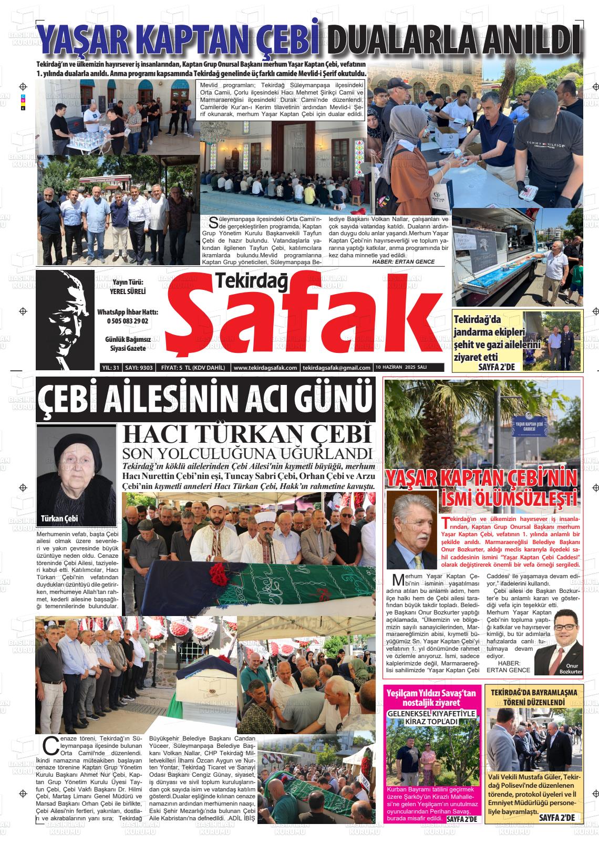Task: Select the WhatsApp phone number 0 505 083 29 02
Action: pos(128,321)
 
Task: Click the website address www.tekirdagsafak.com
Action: pos(265,368)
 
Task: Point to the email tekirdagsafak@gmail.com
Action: pos(337,368)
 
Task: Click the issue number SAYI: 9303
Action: pos(139,368)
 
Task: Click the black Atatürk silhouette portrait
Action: pos(66,319)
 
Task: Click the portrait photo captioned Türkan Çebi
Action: pos(76,473)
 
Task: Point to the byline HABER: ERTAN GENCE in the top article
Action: pos(403,262)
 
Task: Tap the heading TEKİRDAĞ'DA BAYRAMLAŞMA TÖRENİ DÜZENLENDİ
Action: pos(533,697)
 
